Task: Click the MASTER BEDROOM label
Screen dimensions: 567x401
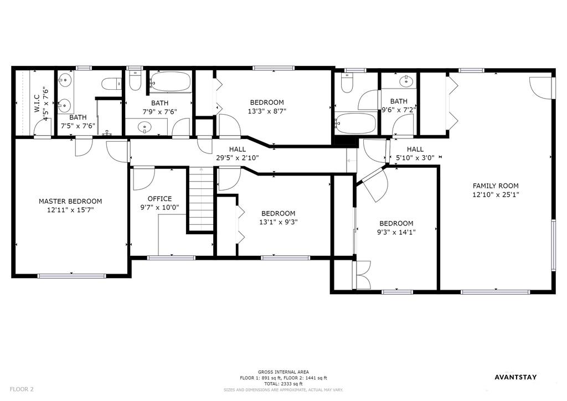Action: click(70, 202)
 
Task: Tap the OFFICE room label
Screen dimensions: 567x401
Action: click(159, 199)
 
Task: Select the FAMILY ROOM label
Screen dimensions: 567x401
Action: click(496, 186)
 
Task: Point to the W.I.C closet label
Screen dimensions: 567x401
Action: click(37, 104)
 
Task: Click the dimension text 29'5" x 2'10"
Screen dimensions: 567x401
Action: click(237, 158)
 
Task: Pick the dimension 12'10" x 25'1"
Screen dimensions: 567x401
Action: click(496, 194)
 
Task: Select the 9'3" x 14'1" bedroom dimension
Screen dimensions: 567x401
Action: click(396, 232)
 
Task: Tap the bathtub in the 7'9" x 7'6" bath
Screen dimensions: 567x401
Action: click(171, 81)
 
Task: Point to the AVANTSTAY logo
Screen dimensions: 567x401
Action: click(516, 377)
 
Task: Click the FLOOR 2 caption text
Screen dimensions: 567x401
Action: click(22, 389)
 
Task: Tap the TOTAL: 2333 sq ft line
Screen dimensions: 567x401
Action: click(283, 384)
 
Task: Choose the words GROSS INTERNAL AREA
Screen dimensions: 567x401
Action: click(283, 372)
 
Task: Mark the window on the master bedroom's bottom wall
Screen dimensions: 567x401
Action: click(71, 276)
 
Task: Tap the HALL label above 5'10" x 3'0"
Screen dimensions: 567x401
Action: click(415, 149)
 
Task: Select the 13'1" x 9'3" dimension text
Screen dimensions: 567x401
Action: click(278, 222)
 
